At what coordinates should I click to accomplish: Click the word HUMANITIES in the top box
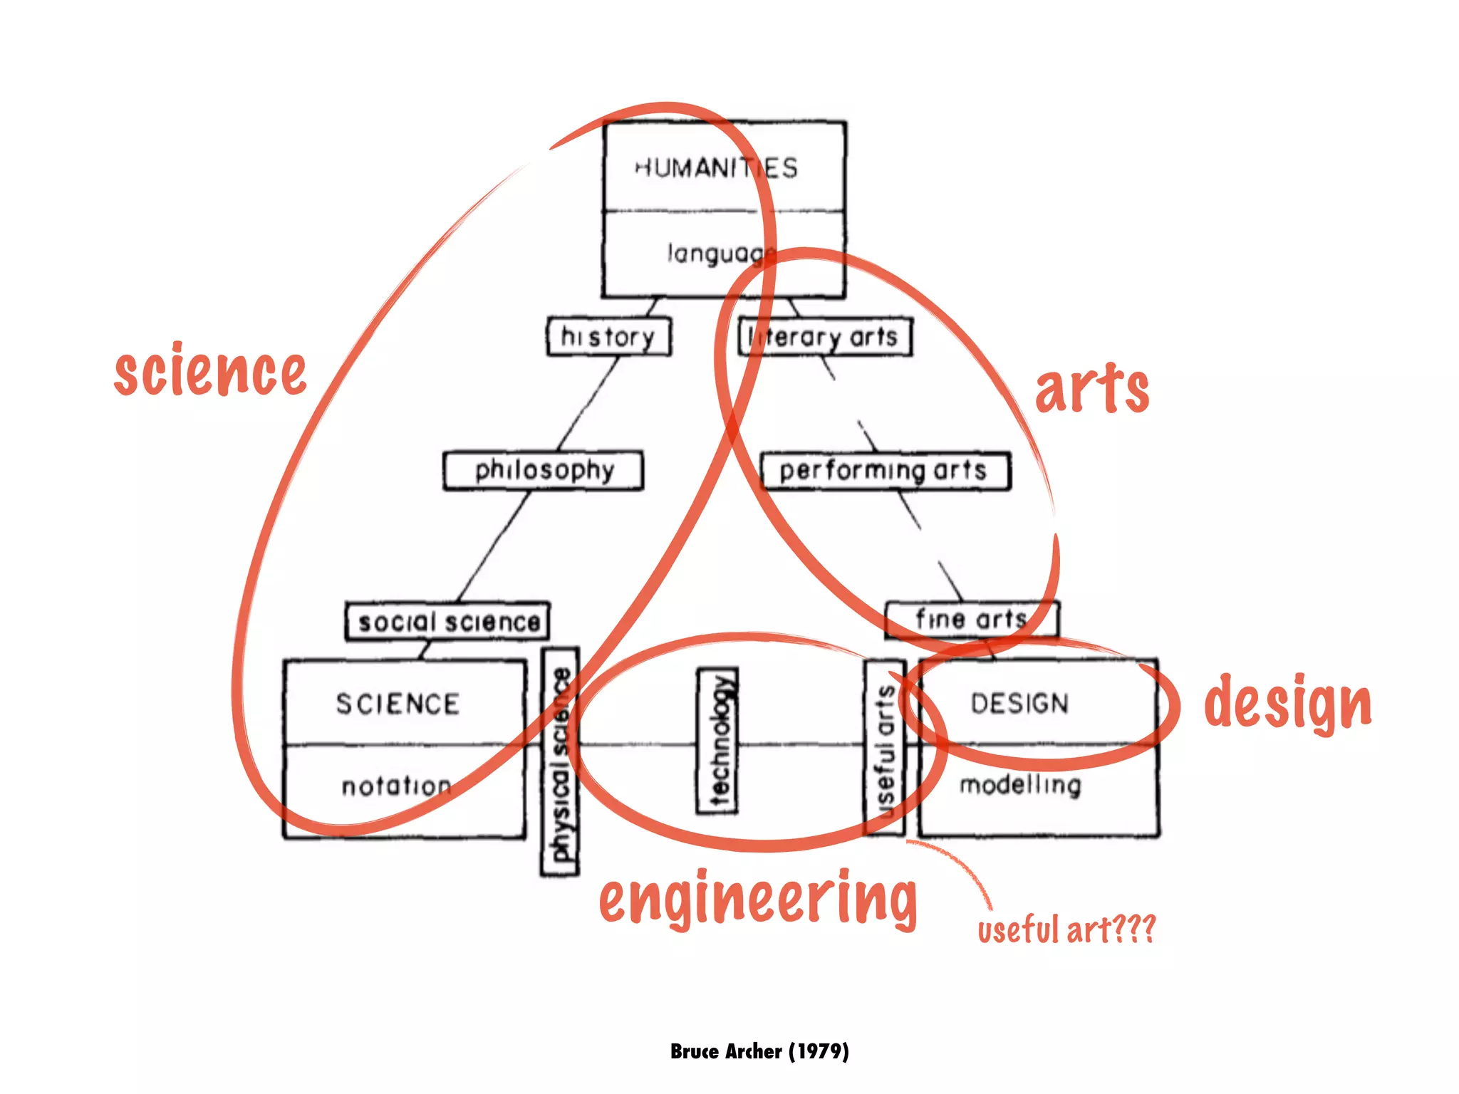(717, 168)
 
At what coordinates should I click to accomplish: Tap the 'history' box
(608, 336)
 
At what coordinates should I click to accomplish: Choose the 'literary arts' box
(825, 337)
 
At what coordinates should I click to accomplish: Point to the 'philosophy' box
(543, 470)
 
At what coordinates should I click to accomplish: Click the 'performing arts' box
(885, 470)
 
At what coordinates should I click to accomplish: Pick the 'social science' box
(447, 621)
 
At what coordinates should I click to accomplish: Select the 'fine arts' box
(972, 619)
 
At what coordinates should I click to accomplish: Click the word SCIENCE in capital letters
(398, 704)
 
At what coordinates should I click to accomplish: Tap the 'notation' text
(396, 786)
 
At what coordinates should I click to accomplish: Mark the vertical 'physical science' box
(560, 761)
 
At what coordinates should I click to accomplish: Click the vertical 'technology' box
(717, 740)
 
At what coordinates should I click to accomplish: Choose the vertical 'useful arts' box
(884, 748)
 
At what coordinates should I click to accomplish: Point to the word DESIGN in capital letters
(1019, 704)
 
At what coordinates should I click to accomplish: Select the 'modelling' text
(1020, 785)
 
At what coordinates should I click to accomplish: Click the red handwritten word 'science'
(210, 370)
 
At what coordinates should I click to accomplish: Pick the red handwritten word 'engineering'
(758, 900)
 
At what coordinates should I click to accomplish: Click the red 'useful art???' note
(1066, 929)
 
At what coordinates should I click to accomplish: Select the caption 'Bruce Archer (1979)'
(759, 1051)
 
